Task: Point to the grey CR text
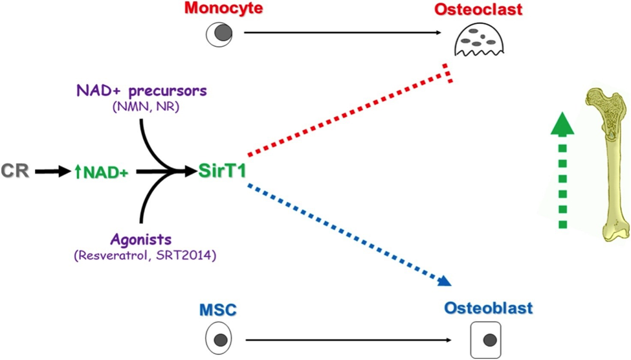pyautogui.click(x=16, y=171)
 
